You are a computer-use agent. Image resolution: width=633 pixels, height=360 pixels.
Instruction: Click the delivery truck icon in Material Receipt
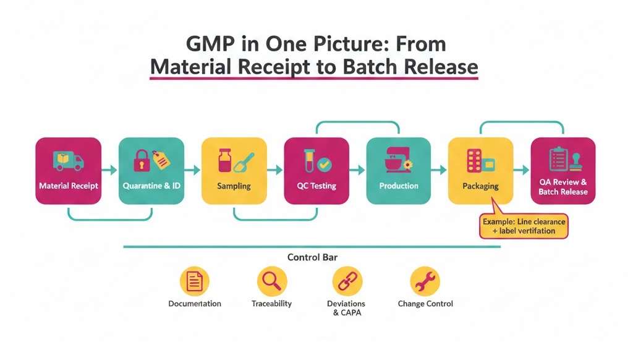68,161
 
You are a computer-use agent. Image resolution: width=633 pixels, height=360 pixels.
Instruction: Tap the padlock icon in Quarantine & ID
142,160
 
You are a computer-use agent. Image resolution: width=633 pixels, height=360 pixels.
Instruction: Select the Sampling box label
234,186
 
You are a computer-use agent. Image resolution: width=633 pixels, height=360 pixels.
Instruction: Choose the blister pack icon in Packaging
475,161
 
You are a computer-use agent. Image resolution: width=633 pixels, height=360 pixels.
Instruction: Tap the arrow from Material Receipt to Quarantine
109,169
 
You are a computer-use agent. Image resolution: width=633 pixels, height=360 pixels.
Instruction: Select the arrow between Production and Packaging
439,169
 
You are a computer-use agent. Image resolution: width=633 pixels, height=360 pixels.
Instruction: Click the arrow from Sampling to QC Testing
275,169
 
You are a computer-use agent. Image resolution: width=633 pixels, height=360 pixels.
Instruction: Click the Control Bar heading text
312,257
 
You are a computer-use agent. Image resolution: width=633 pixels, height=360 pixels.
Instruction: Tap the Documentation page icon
195,282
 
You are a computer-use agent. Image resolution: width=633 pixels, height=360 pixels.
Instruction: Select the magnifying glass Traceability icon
272,282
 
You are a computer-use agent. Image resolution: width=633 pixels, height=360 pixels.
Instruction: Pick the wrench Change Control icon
425,282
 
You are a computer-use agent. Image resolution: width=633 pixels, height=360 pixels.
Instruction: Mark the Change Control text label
425,304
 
